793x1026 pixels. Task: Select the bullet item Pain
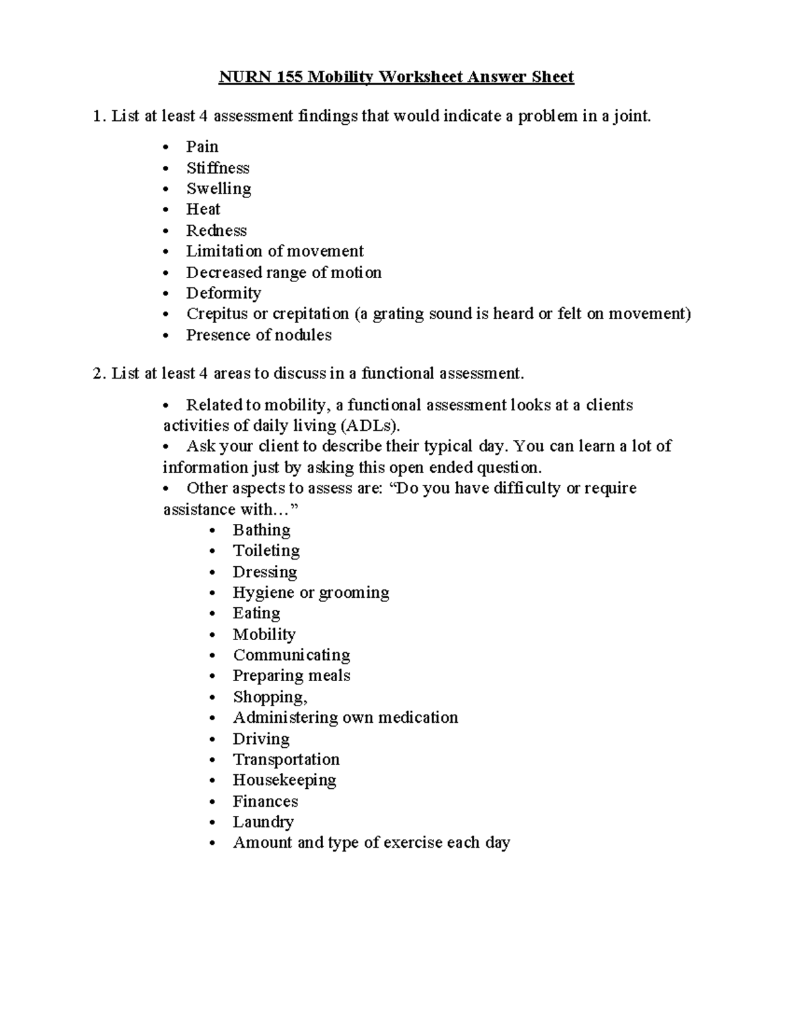click(202, 147)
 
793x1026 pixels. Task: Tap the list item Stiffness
click(217, 168)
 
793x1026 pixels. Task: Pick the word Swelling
click(219, 189)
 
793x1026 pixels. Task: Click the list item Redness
click(216, 231)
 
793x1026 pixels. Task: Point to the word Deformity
click(223, 293)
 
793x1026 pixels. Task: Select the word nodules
click(304, 336)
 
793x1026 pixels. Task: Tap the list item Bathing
click(262, 530)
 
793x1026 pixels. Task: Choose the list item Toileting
click(266, 551)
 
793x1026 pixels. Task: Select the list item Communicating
click(291, 655)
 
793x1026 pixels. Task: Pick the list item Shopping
click(270, 697)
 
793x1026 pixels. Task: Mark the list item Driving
click(261, 739)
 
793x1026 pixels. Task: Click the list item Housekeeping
click(284, 780)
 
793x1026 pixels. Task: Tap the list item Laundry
click(263, 822)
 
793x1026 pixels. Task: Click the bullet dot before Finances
click(211, 802)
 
